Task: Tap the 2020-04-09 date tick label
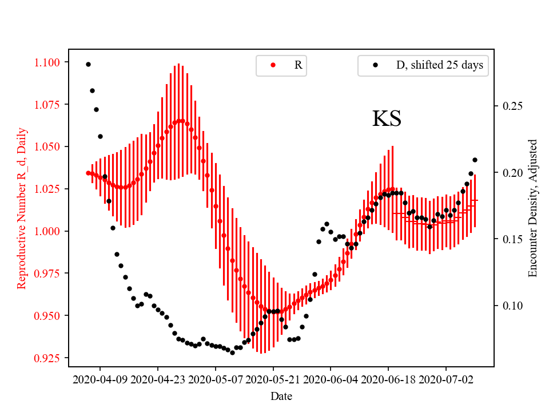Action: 101,379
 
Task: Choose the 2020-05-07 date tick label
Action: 216,379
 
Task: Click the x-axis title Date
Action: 281,396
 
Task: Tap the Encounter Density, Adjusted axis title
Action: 533,208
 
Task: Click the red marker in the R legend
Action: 273,65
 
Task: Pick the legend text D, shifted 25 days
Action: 439,65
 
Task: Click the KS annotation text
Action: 387,118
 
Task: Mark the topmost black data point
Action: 88,64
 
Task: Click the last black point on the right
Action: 475,160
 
